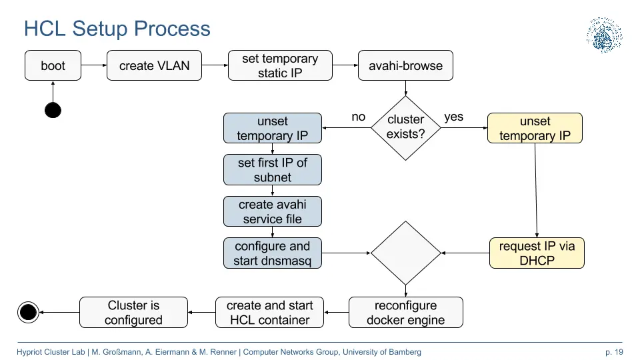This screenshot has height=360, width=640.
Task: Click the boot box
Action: [53, 65]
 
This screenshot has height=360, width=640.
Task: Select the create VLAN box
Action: [154, 65]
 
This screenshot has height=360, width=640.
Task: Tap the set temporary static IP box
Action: [280, 65]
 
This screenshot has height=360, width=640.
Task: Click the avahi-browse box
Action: [405, 65]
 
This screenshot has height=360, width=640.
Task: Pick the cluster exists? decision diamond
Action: [406, 128]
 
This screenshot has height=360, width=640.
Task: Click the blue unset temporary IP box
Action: [273, 128]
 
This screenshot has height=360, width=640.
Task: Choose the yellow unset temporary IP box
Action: [535, 128]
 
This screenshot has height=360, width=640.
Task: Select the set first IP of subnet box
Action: [273, 170]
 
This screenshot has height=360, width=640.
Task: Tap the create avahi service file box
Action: [273, 211]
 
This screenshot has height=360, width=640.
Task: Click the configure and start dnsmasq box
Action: [273, 253]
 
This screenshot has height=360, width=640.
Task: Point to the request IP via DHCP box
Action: [537, 253]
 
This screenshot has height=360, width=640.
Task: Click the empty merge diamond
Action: [406, 253]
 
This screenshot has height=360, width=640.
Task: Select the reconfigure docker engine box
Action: [406, 312]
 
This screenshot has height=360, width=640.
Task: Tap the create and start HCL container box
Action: [269, 312]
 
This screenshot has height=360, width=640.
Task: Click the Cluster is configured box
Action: [133, 312]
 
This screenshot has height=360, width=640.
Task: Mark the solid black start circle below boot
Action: [53, 110]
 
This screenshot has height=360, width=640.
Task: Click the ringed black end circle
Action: [28, 312]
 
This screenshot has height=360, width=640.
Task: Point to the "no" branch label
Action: [359, 117]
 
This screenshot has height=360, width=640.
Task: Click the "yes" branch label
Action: [453, 117]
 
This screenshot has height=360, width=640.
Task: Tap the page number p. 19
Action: [614, 352]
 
